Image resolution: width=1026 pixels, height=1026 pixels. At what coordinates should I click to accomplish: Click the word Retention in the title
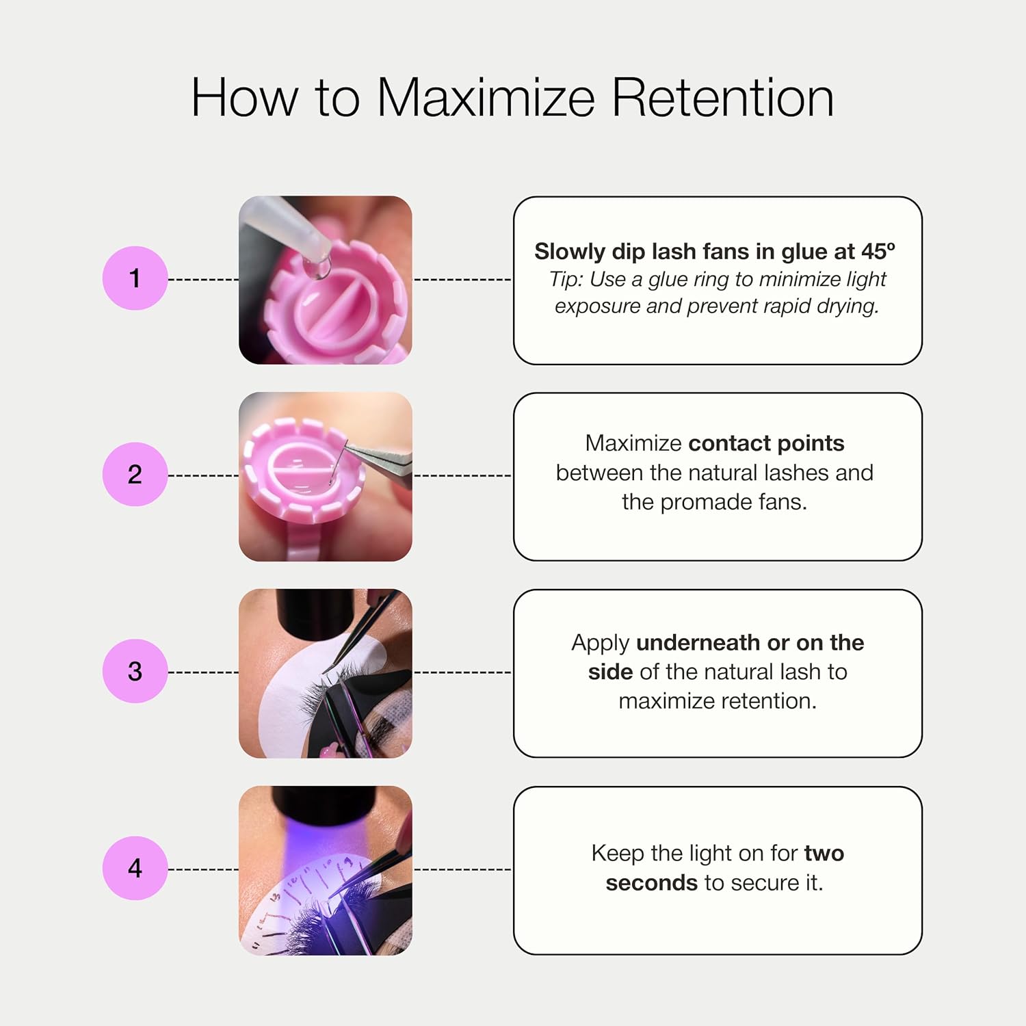click(722, 97)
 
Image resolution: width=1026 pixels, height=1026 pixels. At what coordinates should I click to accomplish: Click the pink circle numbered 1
click(135, 278)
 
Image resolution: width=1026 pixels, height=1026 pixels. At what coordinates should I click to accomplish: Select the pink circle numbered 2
click(135, 475)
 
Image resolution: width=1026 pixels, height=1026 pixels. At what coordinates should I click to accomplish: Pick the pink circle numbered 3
click(135, 671)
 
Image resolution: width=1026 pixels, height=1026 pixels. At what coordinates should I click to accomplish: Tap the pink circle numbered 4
click(135, 868)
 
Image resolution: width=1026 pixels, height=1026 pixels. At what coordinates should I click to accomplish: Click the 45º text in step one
click(878, 251)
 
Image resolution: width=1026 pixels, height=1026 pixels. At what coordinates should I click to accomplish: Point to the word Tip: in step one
click(566, 280)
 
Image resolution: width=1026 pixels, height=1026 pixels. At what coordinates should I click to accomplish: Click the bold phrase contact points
click(766, 443)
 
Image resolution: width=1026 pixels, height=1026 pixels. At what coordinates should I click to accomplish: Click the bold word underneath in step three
click(698, 642)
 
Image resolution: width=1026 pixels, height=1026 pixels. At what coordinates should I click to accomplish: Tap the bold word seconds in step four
click(652, 883)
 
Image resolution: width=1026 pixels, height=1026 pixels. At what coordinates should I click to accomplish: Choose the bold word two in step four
click(824, 854)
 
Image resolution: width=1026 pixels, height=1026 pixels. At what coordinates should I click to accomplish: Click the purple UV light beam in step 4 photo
click(321, 848)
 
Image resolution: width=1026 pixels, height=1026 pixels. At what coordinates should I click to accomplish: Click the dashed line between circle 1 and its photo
click(203, 279)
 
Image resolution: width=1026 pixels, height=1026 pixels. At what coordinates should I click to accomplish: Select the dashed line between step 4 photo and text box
click(462, 869)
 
